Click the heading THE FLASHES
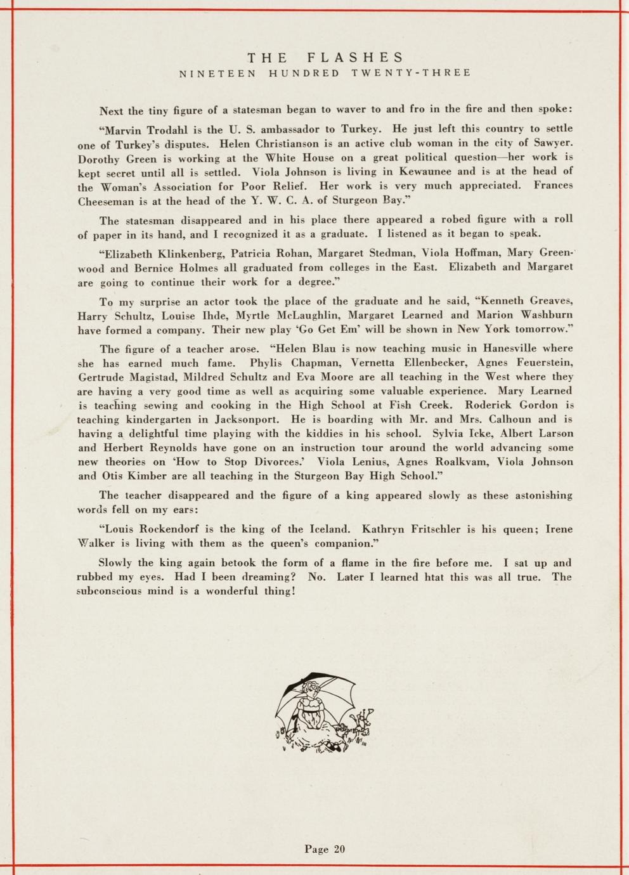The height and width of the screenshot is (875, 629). pyautogui.click(x=325, y=58)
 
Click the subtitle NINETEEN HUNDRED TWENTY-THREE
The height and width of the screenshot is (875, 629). pyautogui.click(x=325, y=73)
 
